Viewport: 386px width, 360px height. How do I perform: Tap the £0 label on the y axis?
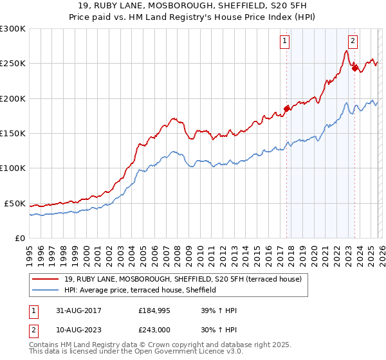tap(19, 238)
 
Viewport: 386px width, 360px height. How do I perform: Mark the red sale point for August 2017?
tap(286, 109)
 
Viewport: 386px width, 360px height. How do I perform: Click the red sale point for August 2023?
tap(354, 68)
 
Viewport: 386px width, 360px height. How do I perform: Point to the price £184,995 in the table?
tap(154, 310)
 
